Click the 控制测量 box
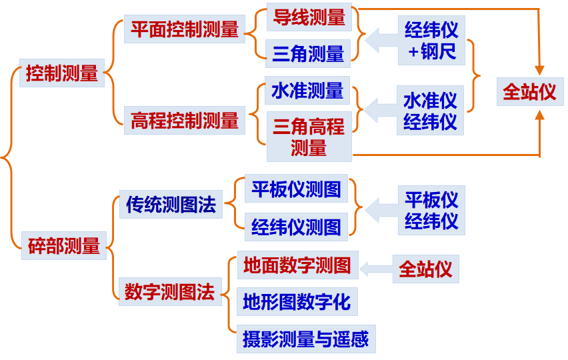pos(62,73)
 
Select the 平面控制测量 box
pos(185,30)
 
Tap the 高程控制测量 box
pos(185,121)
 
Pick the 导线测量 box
pos(309,17)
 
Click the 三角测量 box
pos(308,53)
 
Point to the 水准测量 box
pos(307,91)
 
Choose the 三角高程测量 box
pos(309,137)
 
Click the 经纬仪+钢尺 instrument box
pos(431,40)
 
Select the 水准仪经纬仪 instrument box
pos(430,110)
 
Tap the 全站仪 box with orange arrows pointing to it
pos(529,91)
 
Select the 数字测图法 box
pos(170,291)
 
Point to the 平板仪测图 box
pos(297,189)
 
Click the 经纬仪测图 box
pos(297,227)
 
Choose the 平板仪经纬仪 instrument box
pos(431,210)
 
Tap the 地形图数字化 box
pos(297,302)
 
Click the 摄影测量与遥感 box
pos(305,339)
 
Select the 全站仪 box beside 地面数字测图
pos(425,269)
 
